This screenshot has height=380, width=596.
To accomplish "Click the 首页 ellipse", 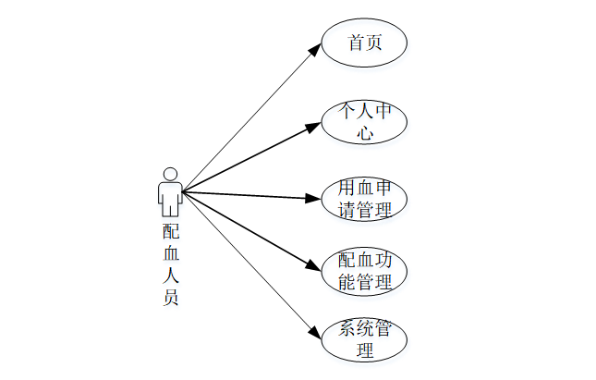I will coord(364,43).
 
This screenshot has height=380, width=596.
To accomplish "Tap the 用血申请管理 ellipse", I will coord(364,198).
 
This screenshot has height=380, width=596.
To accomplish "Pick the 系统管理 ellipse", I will coord(364,340).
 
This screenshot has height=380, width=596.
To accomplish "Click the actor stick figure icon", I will coord(169,191).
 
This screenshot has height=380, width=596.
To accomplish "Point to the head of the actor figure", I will coord(169,173).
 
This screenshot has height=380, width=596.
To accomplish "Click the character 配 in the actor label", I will coord(170,230).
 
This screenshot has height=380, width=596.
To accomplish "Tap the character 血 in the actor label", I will coord(170,252).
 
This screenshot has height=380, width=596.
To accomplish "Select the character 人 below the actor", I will coord(170,275).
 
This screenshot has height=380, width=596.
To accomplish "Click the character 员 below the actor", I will coord(170,297).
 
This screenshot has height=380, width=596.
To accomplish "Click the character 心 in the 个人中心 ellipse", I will coord(365,133).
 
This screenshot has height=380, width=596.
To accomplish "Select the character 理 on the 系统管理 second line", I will coord(365,351).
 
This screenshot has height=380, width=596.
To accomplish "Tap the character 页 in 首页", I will coord(374,43).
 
